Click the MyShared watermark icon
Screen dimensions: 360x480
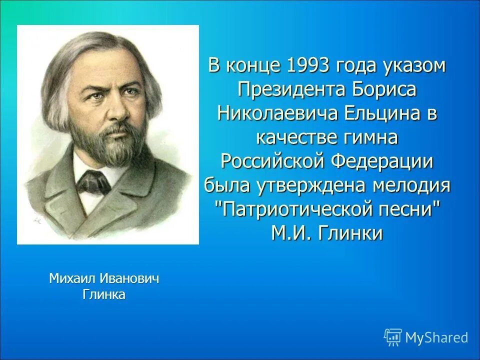(393, 337)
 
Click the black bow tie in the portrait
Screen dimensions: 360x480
(93, 181)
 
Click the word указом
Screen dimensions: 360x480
(414, 66)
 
